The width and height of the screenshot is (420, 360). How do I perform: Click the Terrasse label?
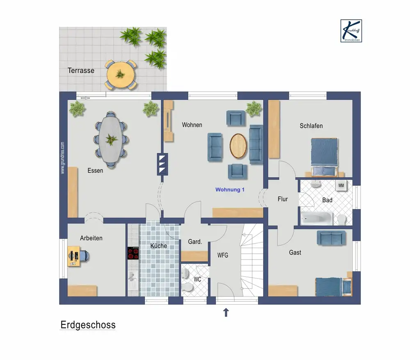coord(81,71)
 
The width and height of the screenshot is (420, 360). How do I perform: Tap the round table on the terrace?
coord(121,75)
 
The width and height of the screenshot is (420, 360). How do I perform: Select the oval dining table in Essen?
coord(111,139)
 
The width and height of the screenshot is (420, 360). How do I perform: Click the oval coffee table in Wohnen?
coord(238,146)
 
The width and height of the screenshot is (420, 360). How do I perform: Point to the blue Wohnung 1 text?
coord(230,190)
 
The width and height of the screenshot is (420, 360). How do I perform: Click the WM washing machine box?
coord(341,186)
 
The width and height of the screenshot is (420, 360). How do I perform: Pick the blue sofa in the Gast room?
coord(331,237)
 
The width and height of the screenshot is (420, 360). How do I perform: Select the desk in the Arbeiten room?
coord(74,257)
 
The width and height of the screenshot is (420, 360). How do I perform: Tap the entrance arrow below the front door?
coord(226,313)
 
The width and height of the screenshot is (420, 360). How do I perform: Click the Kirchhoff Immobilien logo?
coord(351,31)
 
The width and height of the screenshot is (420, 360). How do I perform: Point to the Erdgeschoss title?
coord(88,325)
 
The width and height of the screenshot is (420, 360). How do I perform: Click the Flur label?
coord(283,199)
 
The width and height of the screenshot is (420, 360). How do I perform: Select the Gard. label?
coord(195,242)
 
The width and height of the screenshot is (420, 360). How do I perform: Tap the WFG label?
coord(223,255)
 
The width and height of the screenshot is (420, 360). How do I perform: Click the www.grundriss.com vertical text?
coord(63,158)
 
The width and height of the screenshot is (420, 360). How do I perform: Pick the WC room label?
coord(197,280)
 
